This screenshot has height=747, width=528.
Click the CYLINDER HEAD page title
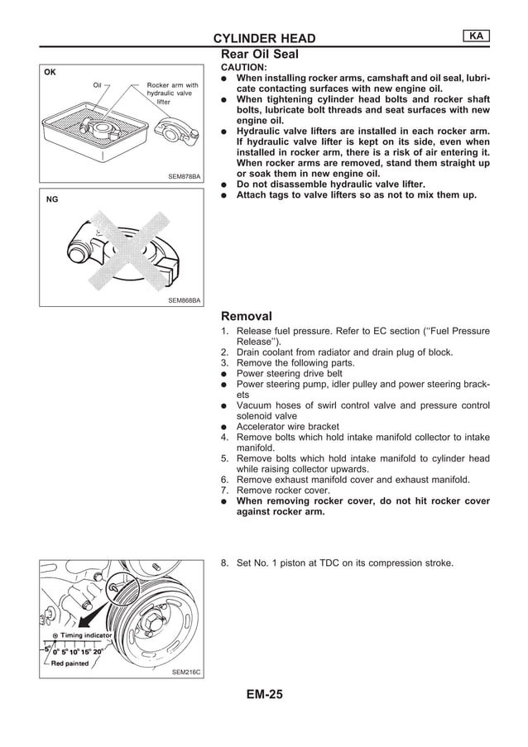(264, 38)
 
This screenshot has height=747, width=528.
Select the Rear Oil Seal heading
(259, 54)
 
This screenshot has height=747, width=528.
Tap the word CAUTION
(243, 67)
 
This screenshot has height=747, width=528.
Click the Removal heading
(247, 316)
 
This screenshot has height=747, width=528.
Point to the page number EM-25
(264, 695)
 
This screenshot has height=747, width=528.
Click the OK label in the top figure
(50, 72)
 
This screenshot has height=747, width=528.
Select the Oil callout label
(97, 85)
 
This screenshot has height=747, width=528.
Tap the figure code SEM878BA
(184, 176)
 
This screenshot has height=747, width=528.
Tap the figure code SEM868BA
(184, 301)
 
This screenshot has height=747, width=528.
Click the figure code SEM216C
(186, 673)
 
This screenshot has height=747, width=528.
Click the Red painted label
(70, 663)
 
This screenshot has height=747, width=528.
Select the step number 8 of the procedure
(223, 563)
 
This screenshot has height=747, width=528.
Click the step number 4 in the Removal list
(223, 438)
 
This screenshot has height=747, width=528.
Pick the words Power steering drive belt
(290, 373)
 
